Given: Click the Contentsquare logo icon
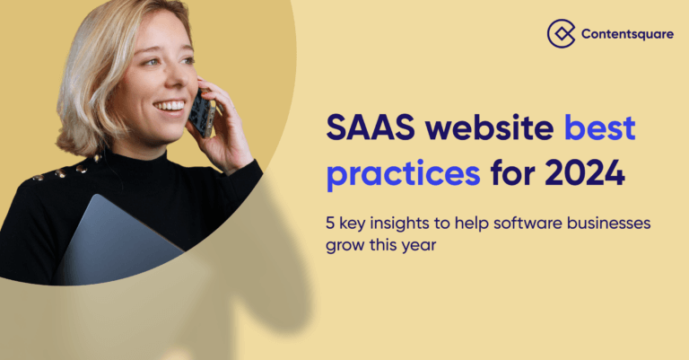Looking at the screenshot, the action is [x=561, y=33].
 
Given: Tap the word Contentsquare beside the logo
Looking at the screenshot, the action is [x=627, y=34].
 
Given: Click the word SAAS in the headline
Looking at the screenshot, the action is [x=371, y=127].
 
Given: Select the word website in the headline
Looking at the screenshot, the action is [x=489, y=127].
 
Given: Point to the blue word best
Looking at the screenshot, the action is [x=600, y=127].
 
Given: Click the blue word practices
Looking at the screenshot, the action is [x=404, y=173].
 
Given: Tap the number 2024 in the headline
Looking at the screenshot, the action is [x=584, y=172].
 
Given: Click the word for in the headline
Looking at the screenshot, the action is [x=512, y=172].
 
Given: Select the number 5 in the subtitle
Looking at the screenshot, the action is [x=330, y=224].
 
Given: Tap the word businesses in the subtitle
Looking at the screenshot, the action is [x=608, y=223].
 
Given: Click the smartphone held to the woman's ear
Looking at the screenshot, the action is [x=203, y=113].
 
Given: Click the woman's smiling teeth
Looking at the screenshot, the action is [x=170, y=106].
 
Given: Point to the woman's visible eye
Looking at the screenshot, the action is [x=153, y=62].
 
